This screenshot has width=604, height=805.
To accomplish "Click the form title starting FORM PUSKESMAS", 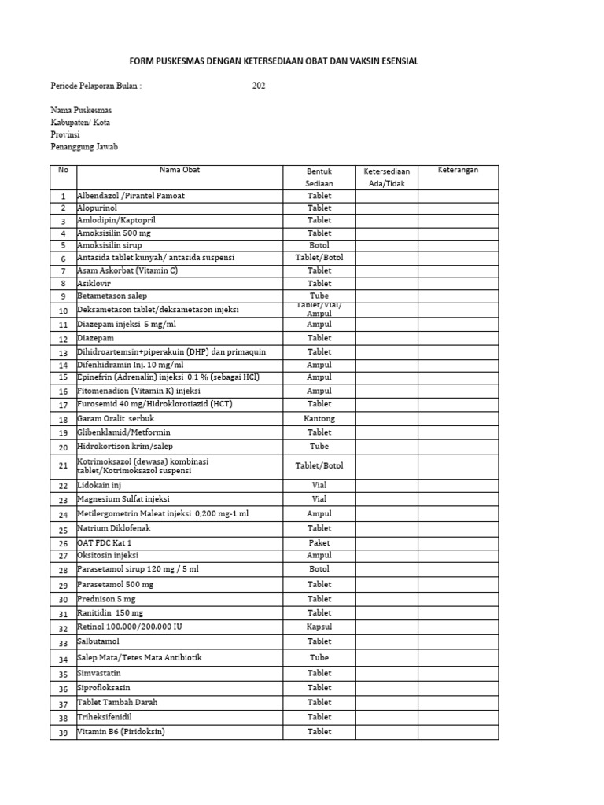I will (273, 61).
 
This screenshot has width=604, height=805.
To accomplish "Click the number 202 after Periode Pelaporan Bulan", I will (259, 86).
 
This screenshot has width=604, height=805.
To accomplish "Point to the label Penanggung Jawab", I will (84, 147).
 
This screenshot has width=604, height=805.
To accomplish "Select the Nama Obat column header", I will (180, 170).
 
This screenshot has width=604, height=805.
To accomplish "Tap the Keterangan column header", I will (458, 170).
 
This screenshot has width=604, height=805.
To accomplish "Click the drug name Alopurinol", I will (97, 208).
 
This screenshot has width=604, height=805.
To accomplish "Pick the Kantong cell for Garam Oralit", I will (319, 419).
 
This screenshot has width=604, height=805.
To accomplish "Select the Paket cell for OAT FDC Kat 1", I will (319, 542).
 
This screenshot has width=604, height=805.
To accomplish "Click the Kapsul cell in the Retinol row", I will (319, 627).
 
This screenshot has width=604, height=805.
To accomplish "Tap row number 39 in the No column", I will (63, 733).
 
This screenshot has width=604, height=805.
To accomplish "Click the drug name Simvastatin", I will (99, 673).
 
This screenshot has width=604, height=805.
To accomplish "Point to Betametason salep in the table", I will (112, 296).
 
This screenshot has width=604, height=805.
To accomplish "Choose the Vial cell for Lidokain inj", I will (319, 485).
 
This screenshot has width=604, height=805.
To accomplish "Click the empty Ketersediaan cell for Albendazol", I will (386, 196).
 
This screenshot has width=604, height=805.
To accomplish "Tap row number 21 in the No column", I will (63, 466).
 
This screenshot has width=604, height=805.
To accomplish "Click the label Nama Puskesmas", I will (81, 110).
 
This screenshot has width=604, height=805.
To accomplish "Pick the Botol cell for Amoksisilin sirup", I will (319, 245).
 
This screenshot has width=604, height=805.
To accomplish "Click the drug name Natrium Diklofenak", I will (114, 528).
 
